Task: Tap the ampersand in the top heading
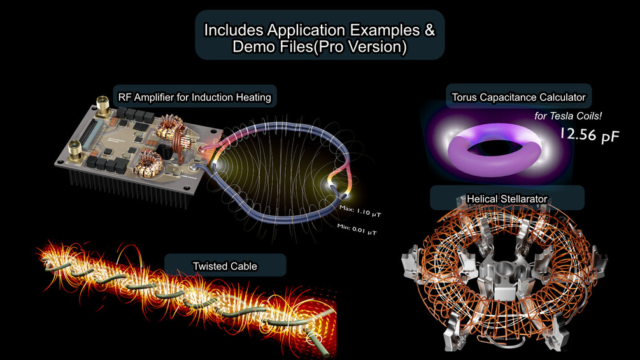pyautogui.click(x=429, y=30)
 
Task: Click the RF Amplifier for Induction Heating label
pyautogui.click(x=195, y=97)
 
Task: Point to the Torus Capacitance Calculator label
pyautogui.click(x=518, y=97)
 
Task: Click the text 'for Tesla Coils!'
pyautogui.click(x=568, y=116)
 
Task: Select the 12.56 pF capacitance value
pyautogui.click(x=590, y=134)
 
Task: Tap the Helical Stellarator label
pyautogui.click(x=506, y=199)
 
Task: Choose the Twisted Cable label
pyautogui.click(x=225, y=266)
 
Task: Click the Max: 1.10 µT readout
pyautogui.click(x=360, y=211)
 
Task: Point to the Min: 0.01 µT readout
pyautogui.click(x=357, y=229)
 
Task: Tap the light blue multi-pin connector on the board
pyautogui.click(x=89, y=133)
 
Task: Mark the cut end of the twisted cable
pyautogui.click(x=315, y=338)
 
